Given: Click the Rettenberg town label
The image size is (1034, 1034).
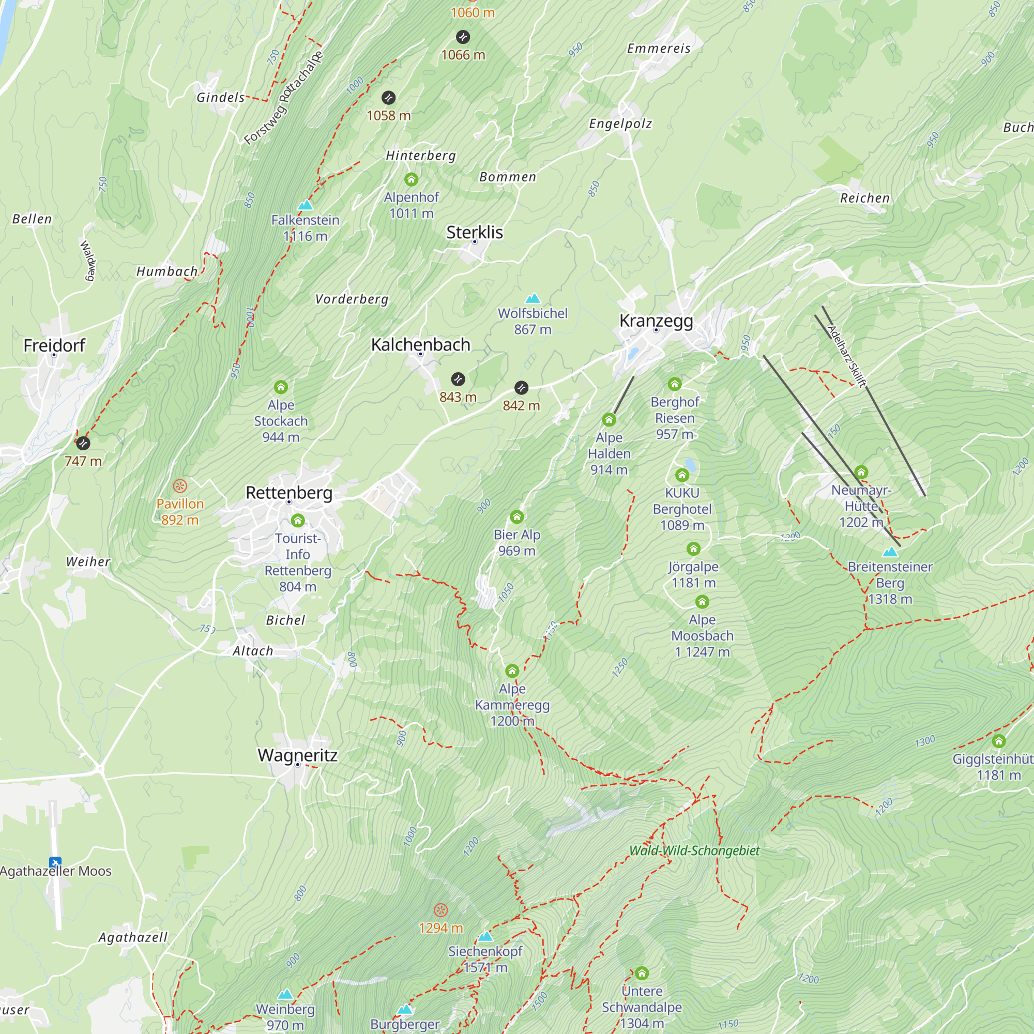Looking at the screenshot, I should [288, 492].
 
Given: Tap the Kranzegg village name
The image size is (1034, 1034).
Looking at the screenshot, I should [656, 321].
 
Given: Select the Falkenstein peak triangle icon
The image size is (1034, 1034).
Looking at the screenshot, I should [305, 204].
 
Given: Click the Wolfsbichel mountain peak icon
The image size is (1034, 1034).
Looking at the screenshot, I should [533, 298].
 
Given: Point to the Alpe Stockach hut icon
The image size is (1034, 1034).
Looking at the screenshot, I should [281, 387].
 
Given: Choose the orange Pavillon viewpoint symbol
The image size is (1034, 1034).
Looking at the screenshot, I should [180, 486].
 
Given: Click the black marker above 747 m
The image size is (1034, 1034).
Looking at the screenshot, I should [83, 443].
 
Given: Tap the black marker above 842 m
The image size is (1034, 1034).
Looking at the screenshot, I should [521, 387].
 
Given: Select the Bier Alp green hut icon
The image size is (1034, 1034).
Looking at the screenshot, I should [516, 516].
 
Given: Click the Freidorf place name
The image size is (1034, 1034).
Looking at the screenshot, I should [54, 345].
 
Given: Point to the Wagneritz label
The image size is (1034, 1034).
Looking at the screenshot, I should [298, 755].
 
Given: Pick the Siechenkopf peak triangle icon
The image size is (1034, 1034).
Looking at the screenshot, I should [485, 936].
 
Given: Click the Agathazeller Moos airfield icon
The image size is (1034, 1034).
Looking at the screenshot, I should [55, 862].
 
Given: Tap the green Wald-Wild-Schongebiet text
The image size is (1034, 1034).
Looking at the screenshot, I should [694, 850].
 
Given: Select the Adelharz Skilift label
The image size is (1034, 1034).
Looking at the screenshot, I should [846, 356].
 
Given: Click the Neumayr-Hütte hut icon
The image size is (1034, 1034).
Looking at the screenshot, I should [861, 472].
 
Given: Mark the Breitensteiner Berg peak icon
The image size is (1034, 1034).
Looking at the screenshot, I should [890, 552].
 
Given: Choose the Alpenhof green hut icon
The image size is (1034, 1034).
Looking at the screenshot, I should [411, 179].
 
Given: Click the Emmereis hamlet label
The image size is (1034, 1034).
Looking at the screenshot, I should [659, 49].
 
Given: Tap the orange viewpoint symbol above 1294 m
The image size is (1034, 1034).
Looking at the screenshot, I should [440, 910].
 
